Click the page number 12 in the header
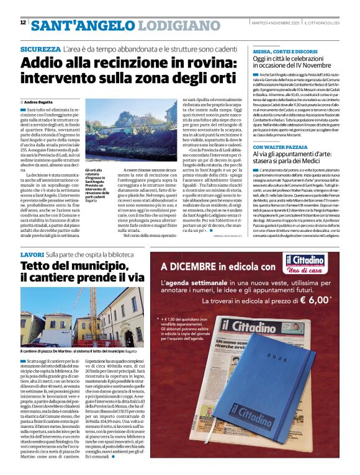[x=23, y=22]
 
